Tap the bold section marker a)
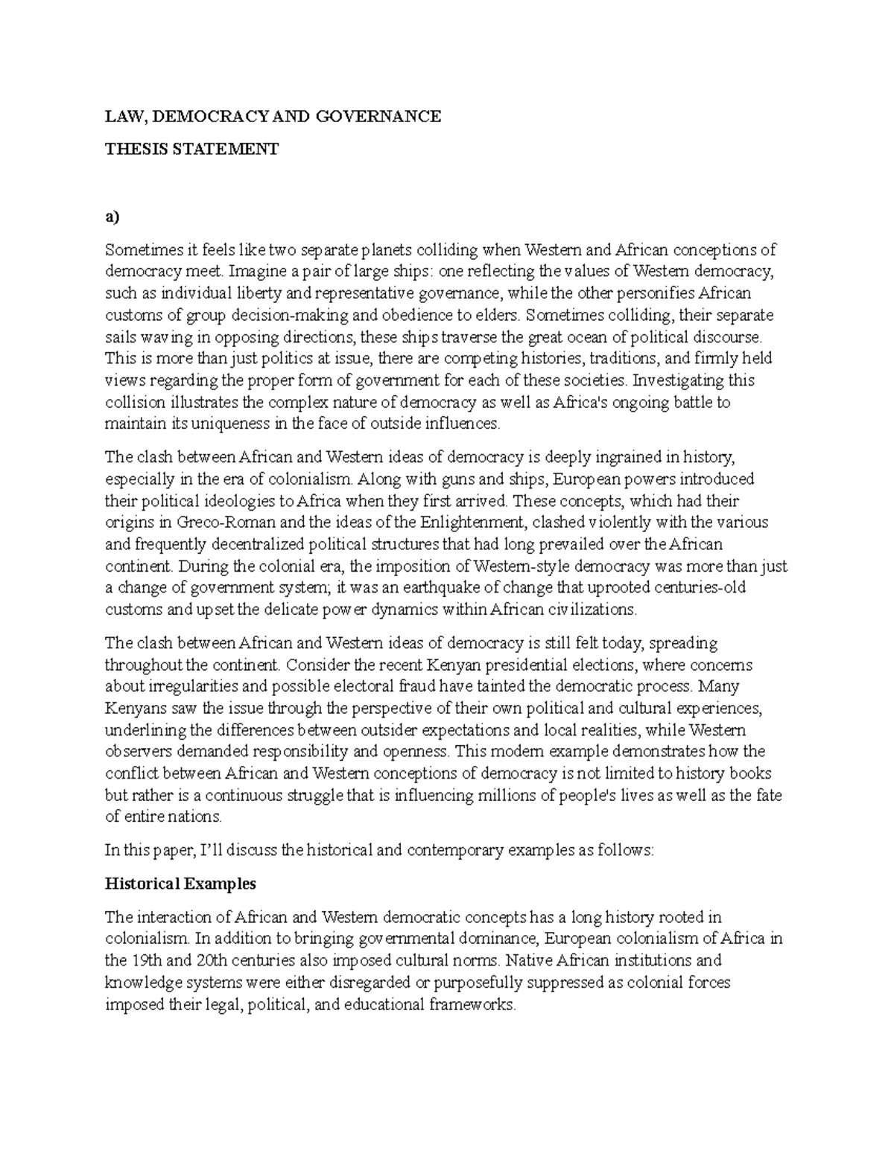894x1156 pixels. pos(112,217)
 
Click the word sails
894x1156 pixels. pos(119,336)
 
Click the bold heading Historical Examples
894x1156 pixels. pos(180,884)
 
